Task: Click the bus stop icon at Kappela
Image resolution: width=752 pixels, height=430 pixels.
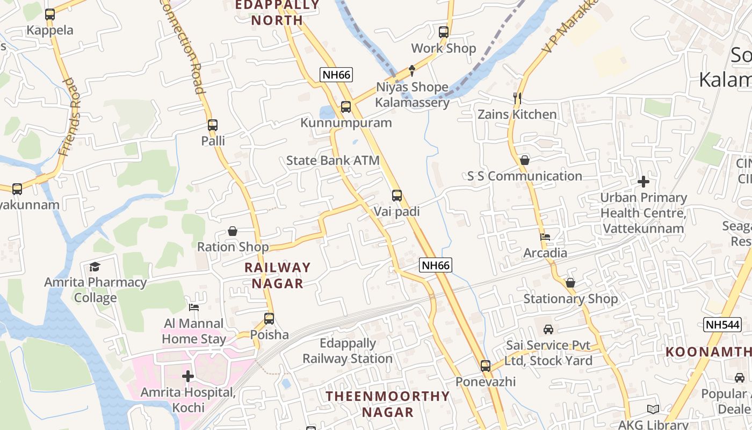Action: coord(50,15)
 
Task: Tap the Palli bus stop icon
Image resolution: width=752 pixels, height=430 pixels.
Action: coord(213,125)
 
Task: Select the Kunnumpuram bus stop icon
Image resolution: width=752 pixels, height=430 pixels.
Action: coord(346,107)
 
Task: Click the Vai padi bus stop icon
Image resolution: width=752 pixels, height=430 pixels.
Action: coord(397,196)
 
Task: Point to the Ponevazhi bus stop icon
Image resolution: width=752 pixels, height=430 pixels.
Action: coord(486,366)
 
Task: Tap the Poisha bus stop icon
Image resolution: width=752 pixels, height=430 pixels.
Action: coord(269,319)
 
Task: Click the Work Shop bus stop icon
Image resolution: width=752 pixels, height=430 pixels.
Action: coord(444,32)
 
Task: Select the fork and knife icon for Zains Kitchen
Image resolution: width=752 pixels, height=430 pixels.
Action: coord(518,98)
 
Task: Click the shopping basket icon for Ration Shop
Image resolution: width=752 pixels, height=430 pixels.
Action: coord(233,231)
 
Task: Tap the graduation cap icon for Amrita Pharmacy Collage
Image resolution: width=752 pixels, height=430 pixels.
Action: coord(95,267)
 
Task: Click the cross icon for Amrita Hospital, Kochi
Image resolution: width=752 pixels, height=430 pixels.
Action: coord(187,376)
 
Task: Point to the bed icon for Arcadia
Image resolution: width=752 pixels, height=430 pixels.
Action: coord(545,237)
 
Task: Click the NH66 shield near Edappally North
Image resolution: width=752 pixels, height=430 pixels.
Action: coord(336,75)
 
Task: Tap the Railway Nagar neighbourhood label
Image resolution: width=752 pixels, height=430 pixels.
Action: coord(278,275)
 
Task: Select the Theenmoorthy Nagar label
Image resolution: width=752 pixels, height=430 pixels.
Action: coord(388,404)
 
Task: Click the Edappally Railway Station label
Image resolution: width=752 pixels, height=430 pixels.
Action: coord(348,351)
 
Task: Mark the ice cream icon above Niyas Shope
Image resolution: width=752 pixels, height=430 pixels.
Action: coord(412,70)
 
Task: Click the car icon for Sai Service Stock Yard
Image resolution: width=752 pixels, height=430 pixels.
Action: coord(548,329)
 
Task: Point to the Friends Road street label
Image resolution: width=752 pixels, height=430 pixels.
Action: coord(70,117)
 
